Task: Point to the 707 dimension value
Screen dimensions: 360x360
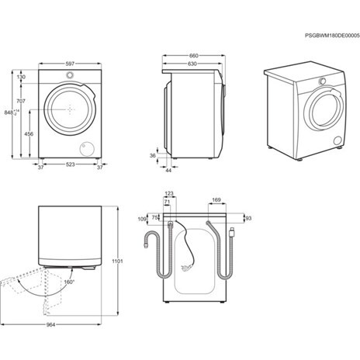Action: [x=21, y=101]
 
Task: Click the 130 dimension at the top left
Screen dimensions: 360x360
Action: [x=21, y=77]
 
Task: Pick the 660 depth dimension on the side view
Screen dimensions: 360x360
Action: [x=194, y=55]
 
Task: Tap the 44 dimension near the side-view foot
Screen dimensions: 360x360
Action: [x=169, y=170]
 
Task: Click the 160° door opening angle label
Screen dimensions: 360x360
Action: [x=69, y=282]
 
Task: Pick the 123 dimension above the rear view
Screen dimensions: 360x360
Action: [x=169, y=194]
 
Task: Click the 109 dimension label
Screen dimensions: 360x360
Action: [x=142, y=220]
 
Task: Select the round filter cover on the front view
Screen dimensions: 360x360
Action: [x=86, y=148]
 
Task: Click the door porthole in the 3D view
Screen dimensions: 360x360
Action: [x=324, y=112]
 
